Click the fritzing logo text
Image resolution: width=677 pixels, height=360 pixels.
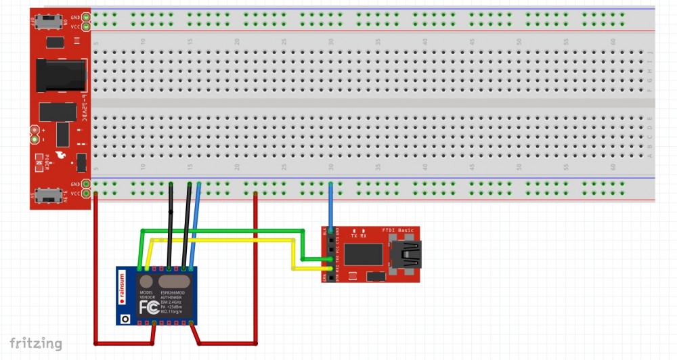tap(36, 344)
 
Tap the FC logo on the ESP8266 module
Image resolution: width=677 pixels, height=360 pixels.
tap(149, 307)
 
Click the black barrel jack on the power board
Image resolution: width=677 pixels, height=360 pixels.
tap(62, 75)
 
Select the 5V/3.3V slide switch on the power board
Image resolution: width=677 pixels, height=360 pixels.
tap(47, 195)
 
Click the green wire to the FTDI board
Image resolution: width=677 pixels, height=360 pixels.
tap(223, 231)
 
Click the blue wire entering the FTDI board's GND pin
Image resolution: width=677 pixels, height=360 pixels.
tap(330, 206)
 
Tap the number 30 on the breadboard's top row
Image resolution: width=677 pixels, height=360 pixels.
tap(330, 41)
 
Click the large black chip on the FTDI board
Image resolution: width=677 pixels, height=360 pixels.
tap(364, 254)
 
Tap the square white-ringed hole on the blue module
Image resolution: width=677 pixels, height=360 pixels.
tap(125, 317)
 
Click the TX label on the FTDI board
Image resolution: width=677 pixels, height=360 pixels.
tap(353, 236)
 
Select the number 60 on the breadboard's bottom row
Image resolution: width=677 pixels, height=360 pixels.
tap(613, 166)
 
